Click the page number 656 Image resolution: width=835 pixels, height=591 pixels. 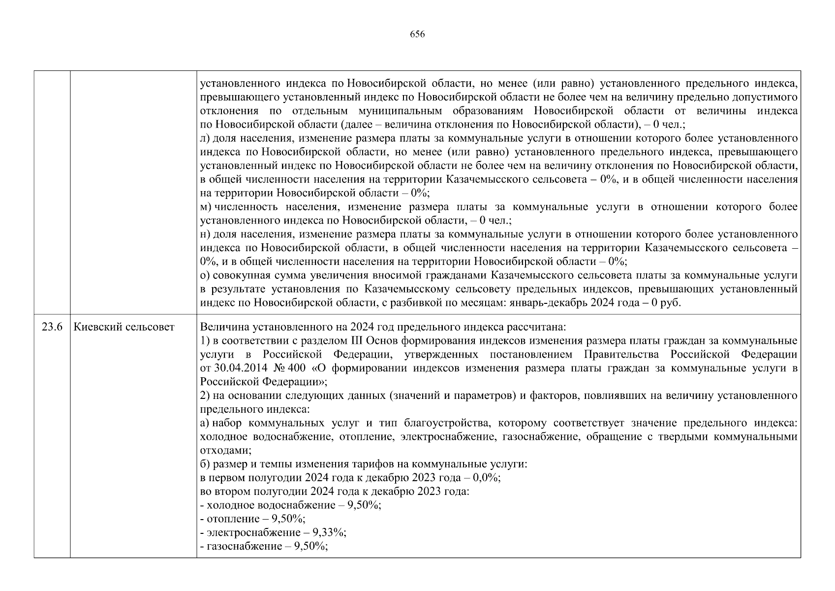pyautogui.click(x=417, y=34)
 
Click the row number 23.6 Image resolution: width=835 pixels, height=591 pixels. pyautogui.click(x=52, y=327)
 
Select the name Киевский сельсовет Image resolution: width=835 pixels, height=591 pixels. pyautogui.click(x=124, y=327)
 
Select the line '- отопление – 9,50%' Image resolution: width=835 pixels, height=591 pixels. pyautogui.click(x=253, y=519)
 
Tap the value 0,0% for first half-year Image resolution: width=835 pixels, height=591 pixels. pyautogui.click(x=487, y=478)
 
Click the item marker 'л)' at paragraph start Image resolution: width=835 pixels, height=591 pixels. pyautogui.click(x=205, y=138)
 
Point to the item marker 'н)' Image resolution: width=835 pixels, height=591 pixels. pyautogui.click(x=205, y=234)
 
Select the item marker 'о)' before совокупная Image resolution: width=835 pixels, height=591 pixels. pyautogui.click(x=205, y=275)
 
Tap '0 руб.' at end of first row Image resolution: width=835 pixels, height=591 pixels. pyautogui.click(x=666, y=302)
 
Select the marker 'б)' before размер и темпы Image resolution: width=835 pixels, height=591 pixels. pyautogui.click(x=205, y=464)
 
